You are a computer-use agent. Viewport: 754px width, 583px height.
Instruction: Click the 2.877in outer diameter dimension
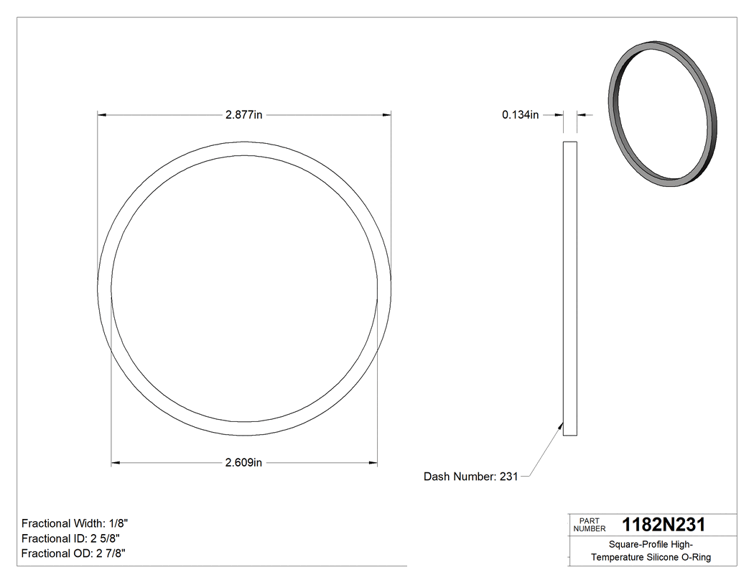coord(243,114)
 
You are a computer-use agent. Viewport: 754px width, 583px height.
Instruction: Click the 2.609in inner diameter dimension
coord(243,463)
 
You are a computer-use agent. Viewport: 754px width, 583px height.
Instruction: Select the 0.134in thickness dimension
coord(521,114)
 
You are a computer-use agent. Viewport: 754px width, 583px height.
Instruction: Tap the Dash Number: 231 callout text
coord(470,477)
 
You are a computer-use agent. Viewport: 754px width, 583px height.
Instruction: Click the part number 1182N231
coord(663,524)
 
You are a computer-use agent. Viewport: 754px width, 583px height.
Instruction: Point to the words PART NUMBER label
coord(590,524)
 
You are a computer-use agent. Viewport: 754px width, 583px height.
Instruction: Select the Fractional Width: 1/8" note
coord(75,523)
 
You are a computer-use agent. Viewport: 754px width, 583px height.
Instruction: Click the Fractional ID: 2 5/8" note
coord(70,538)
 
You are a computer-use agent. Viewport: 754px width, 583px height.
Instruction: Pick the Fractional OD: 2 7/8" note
coord(74,554)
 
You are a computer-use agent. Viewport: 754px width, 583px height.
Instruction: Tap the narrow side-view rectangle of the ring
coord(569,288)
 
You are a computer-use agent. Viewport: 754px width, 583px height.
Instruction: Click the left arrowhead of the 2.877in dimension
coord(102,114)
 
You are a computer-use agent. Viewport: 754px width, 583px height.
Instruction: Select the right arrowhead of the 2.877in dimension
coord(386,114)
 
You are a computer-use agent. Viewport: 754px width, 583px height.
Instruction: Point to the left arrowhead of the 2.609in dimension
coord(116,463)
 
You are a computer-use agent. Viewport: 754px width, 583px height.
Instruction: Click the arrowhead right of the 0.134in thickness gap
coord(582,114)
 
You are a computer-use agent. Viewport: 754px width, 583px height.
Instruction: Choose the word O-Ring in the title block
coord(694,557)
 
